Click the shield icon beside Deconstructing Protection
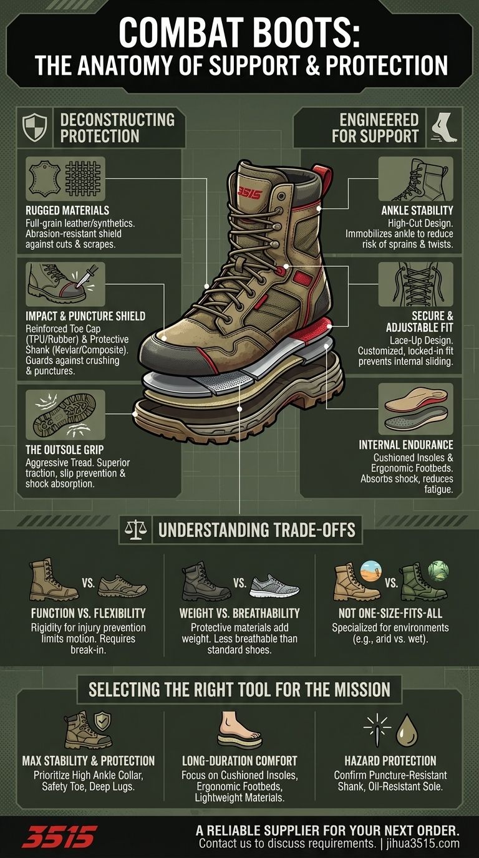point(34,127)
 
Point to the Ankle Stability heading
point(417,211)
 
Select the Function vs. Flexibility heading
point(89,613)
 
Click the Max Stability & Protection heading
point(89,761)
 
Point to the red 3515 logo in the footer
point(60,836)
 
